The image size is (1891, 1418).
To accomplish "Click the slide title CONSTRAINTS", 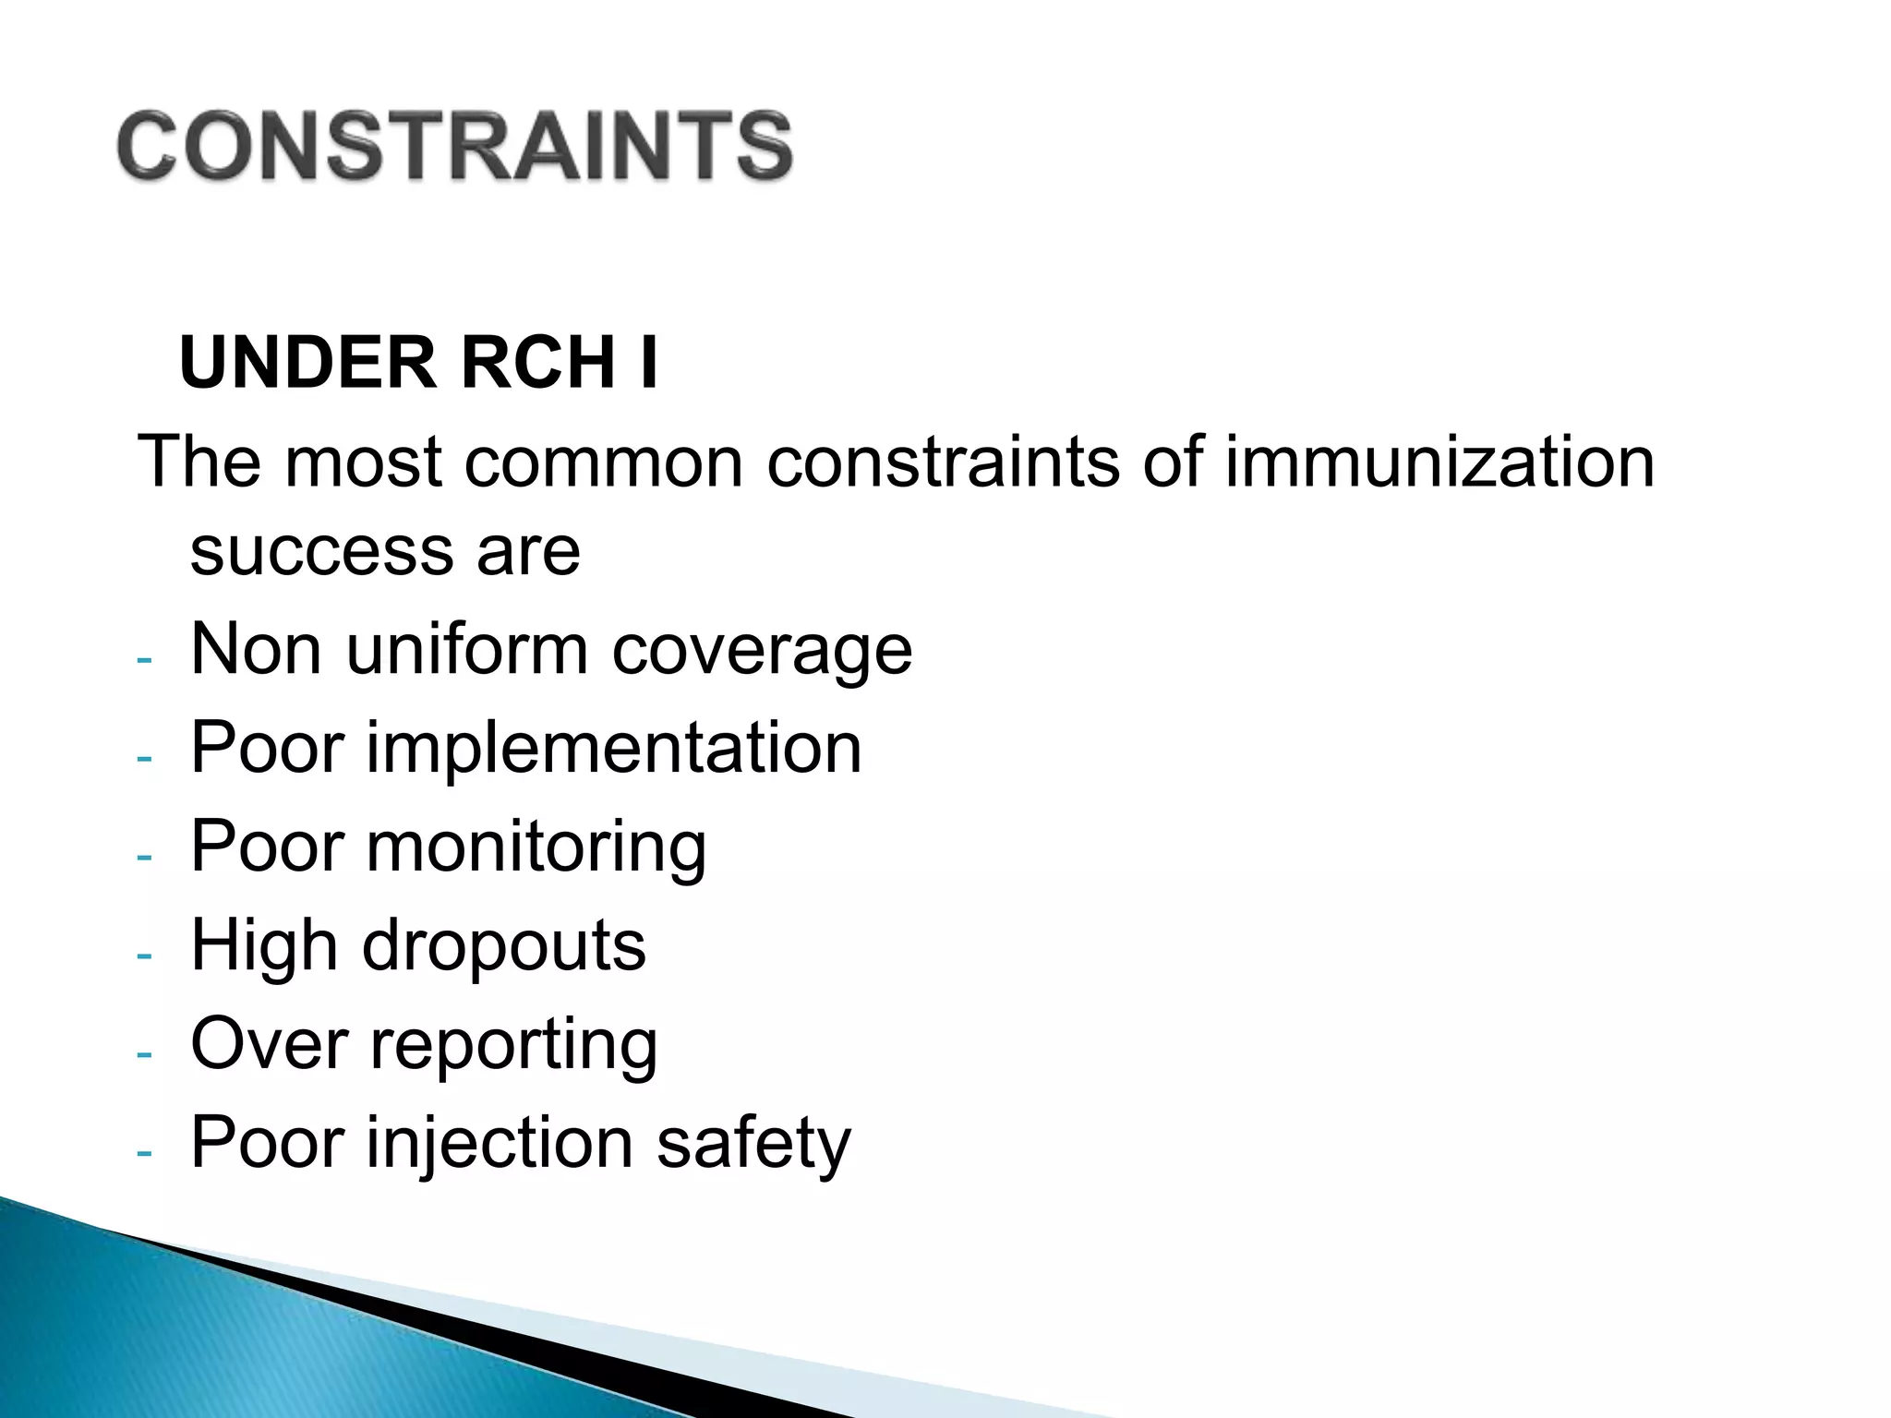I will click(454, 146).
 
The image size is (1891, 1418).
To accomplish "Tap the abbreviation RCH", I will click(537, 363).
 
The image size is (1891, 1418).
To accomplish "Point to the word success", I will click(320, 552).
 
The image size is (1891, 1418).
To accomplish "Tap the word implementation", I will click(614, 750).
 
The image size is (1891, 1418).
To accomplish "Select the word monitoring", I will click(536, 848).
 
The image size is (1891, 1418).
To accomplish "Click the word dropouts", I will click(504, 947).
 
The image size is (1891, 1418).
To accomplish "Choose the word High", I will click(264, 947).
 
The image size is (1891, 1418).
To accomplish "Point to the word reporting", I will click(514, 1047).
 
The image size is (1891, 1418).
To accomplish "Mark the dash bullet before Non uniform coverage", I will click(143, 660).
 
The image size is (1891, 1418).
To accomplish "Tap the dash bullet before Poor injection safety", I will click(143, 1153).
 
